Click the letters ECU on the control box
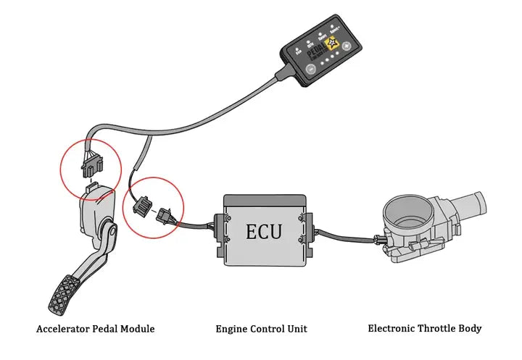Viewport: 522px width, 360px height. pos(263,232)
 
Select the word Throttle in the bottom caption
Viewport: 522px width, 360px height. pos(437,328)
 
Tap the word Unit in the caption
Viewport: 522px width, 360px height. pos(297,329)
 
